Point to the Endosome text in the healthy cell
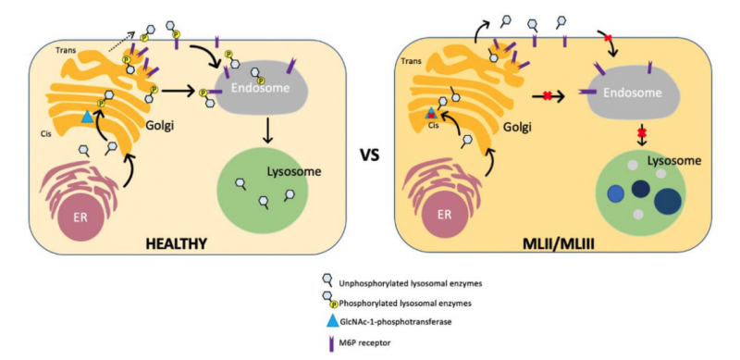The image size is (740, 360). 257,89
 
